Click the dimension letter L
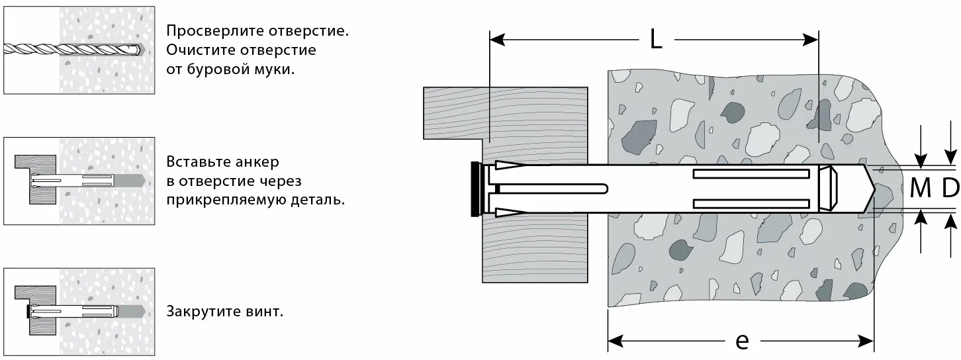(x=656, y=40)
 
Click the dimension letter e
(x=742, y=341)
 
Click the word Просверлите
(x=215, y=31)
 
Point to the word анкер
(x=257, y=161)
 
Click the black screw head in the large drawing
(x=475, y=189)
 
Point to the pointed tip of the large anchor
(x=874, y=189)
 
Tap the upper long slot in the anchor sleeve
(x=751, y=174)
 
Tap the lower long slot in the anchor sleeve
(x=751, y=203)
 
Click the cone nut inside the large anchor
(x=827, y=189)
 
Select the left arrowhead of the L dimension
(x=497, y=40)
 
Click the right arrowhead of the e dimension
(x=866, y=341)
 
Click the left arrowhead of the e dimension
(x=616, y=341)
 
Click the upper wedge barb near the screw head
(x=510, y=165)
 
